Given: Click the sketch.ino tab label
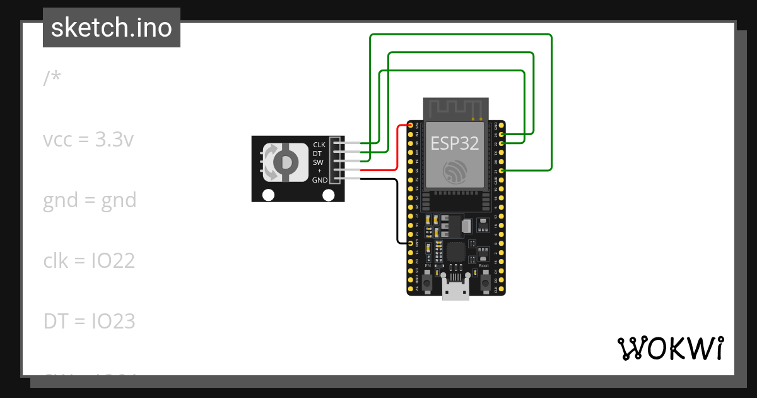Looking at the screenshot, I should tap(112, 28).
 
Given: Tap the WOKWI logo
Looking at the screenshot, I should tap(670, 349).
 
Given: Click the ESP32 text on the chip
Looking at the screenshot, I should tap(455, 143).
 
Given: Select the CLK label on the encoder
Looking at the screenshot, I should tap(319, 145).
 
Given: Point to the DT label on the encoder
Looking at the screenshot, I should tap(317, 154).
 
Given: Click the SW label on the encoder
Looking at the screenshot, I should tap(318, 162).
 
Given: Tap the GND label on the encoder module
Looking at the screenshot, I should tap(320, 180).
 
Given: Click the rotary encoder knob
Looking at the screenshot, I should tap(285, 163).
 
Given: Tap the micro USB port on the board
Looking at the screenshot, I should tap(455, 291).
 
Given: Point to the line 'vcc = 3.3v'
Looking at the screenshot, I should tap(88, 140).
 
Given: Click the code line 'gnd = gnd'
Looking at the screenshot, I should tap(90, 200).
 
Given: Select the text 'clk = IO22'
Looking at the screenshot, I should tap(89, 260).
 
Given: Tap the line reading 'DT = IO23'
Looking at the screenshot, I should tap(89, 321).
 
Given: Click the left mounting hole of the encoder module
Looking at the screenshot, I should tap(268, 195).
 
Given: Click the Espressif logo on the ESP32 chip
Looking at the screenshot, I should tap(455, 171).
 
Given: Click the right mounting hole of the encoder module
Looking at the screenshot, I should tap(328, 195).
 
